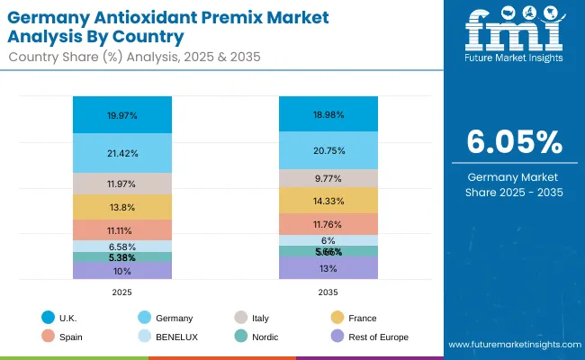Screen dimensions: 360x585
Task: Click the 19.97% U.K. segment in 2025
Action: pyautogui.click(x=122, y=115)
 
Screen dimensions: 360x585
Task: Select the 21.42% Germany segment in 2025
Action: pyautogui.click(x=122, y=153)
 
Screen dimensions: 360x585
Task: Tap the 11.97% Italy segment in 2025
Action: pyautogui.click(x=122, y=184)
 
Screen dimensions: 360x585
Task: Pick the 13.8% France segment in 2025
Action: pyautogui.click(x=122, y=207)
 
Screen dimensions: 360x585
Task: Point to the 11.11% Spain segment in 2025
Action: pyautogui.click(x=122, y=230)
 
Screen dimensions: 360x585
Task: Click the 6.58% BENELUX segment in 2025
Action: pyautogui.click(x=122, y=246)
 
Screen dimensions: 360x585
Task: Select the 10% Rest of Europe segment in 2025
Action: pyautogui.click(x=122, y=270)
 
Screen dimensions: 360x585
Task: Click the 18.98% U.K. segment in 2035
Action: pyautogui.click(x=328, y=114)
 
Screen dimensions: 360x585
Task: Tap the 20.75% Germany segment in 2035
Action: pyautogui.click(x=328, y=150)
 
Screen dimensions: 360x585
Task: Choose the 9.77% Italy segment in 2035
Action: pyautogui.click(x=328, y=178)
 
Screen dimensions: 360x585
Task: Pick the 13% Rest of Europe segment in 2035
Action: pyautogui.click(x=328, y=268)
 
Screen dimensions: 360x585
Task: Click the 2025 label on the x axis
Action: pyautogui.click(x=122, y=292)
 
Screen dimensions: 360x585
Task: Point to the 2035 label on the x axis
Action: pyautogui.click(x=328, y=292)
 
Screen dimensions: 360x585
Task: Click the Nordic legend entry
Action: pyautogui.click(x=260, y=337)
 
